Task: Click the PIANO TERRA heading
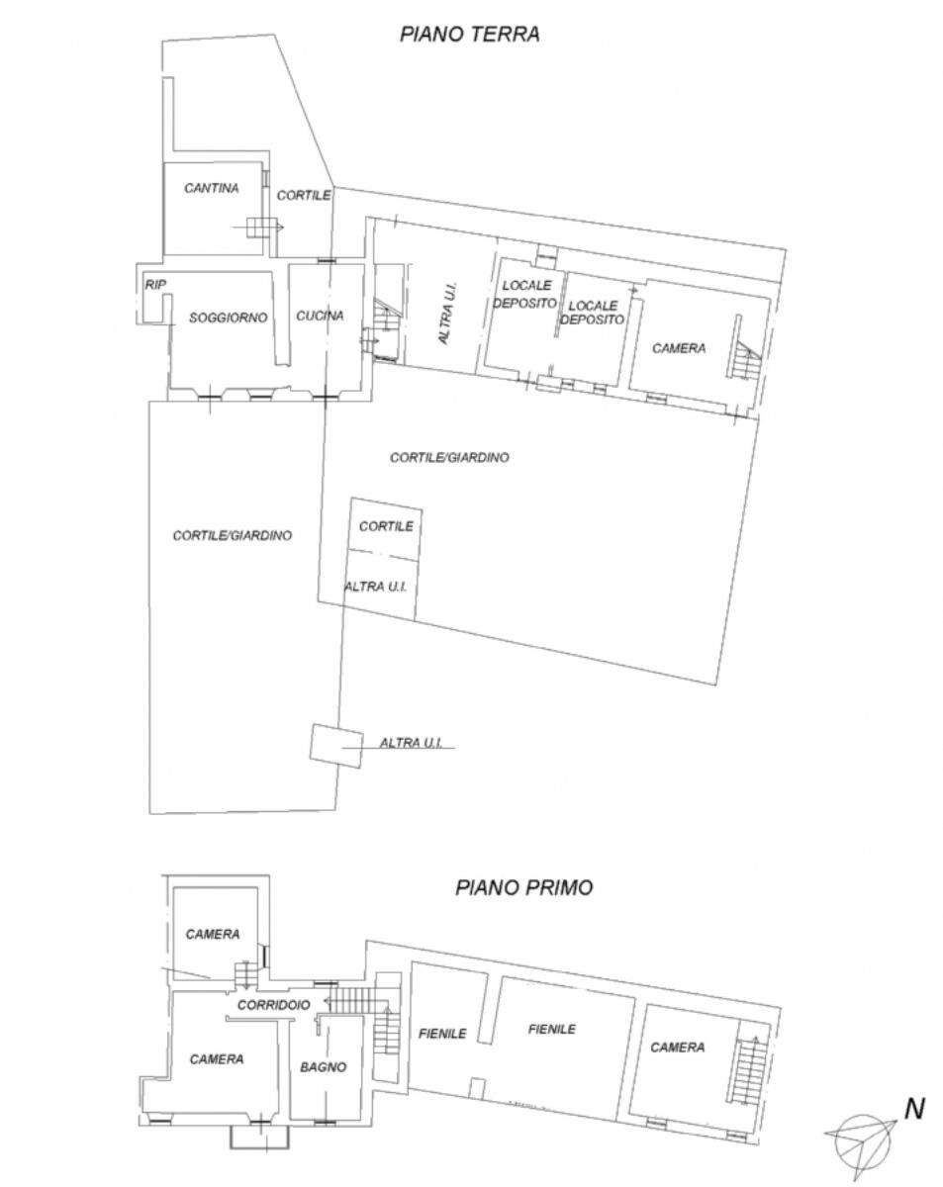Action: tap(469, 35)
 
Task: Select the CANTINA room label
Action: tap(212, 188)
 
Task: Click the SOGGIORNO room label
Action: tap(228, 318)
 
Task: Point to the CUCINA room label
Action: tap(320, 316)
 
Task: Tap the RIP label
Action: tap(155, 285)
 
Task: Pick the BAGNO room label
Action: tap(324, 1067)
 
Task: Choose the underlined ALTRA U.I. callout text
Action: tap(411, 743)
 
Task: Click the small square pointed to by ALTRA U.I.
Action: tap(336, 746)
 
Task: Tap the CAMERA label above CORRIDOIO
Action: tap(213, 935)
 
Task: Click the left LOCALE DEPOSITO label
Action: tap(524, 294)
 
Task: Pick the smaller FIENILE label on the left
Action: tap(442, 1034)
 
